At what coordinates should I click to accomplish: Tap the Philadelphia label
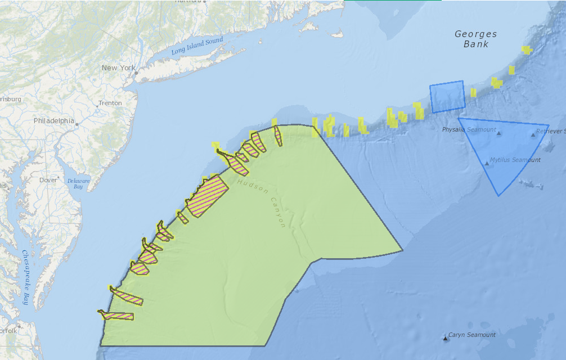[53, 121]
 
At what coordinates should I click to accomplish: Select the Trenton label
[110, 103]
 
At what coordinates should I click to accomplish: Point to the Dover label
[48, 181]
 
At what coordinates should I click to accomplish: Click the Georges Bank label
[476, 39]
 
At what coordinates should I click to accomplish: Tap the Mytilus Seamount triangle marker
[487, 163]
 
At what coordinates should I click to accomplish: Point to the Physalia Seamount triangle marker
[498, 133]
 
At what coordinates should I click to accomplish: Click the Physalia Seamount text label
[469, 130]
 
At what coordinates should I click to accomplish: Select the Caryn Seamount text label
[471, 335]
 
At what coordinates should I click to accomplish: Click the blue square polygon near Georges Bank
[447, 97]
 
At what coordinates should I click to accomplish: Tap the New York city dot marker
[136, 73]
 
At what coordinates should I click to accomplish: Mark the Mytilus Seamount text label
[515, 160]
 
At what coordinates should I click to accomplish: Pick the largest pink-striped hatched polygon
[207, 196]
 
